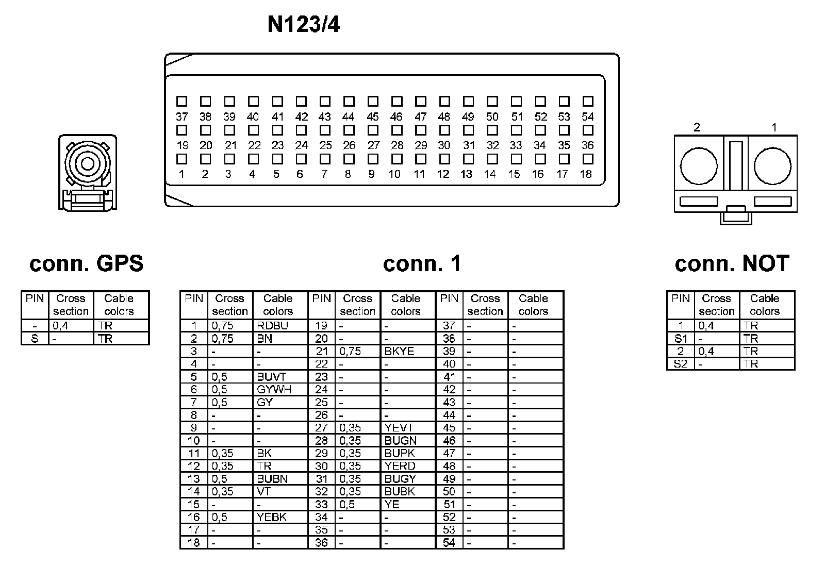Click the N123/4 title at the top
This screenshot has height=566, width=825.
pyautogui.click(x=304, y=24)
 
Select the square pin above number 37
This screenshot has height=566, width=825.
pyautogui.click(x=181, y=101)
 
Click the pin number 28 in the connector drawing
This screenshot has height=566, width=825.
pyautogui.click(x=397, y=145)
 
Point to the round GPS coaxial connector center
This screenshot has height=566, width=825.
pyautogui.click(x=87, y=164)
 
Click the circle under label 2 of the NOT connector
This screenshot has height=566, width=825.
pyautogui.click(x=699, y=167)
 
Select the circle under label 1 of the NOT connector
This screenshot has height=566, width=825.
pyautogui.click(x=772, y=167)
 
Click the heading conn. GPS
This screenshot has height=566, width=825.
pyautogui.click(x=86, y=263)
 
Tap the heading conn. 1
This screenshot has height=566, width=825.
pyautogui.click(x=422, y=263)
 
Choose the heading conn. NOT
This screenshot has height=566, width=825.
pyautogui.click(x=732, y=263)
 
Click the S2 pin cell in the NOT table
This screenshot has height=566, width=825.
pyautogui.click(x=681, y=364)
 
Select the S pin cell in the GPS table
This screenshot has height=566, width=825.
pyautogui.click(x=35, y=339)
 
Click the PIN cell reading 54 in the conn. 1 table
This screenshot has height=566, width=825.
pyautogui.click(x=449, y=543)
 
